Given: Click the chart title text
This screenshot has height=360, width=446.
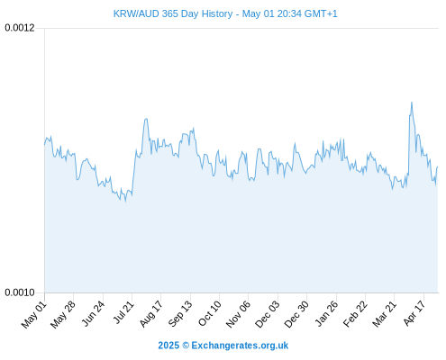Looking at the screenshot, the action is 225,13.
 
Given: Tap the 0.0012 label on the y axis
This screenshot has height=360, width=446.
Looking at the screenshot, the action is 20,28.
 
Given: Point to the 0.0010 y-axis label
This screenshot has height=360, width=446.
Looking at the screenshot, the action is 20,292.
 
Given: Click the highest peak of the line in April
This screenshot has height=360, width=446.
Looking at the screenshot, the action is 412,103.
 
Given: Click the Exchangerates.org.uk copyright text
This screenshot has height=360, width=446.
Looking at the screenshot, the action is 223,346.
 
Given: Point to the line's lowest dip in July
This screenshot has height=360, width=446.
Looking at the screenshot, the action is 125,201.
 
